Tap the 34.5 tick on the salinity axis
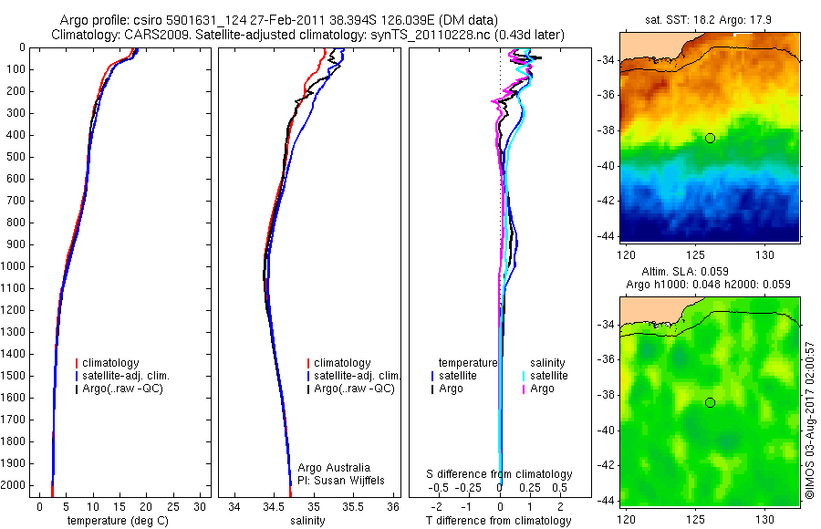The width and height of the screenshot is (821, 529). tap(274, 506)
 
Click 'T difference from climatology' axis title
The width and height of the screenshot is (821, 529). tap(498, 521)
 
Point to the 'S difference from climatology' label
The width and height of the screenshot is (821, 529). tap(499, 474)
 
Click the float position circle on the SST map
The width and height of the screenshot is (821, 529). tap(710, 138)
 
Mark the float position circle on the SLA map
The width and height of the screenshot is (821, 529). tap(710, 402)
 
